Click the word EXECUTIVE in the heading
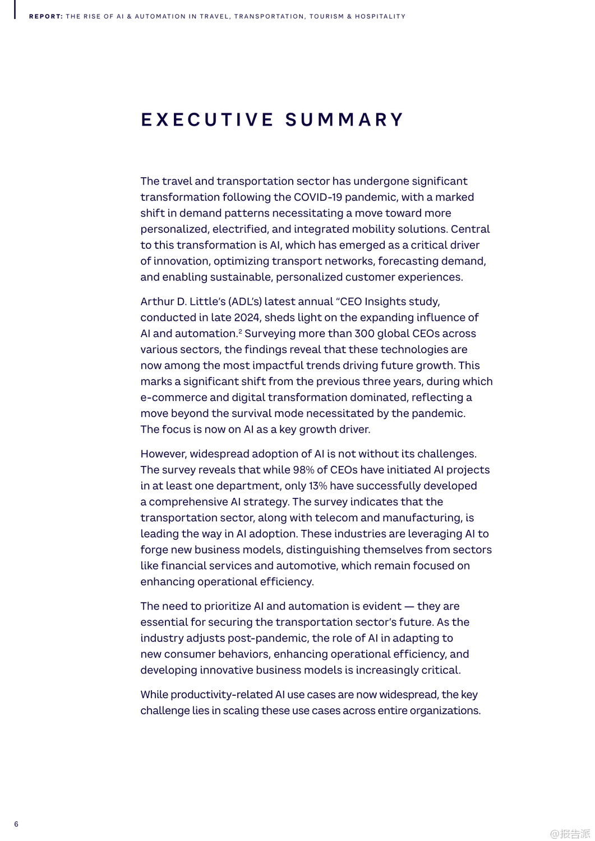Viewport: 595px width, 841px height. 207,120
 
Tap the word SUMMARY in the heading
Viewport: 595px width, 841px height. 344,120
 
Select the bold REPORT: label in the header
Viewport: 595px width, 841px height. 46,17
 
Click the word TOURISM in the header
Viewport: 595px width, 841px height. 326,17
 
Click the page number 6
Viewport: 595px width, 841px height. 16,824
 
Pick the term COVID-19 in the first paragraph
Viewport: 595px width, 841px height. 317,197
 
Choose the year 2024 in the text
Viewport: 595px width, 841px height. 247,318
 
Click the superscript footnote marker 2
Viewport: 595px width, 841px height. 240,331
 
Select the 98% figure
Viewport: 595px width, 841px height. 303,470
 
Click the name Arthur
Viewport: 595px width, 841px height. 157,302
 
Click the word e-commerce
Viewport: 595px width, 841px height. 174,398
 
